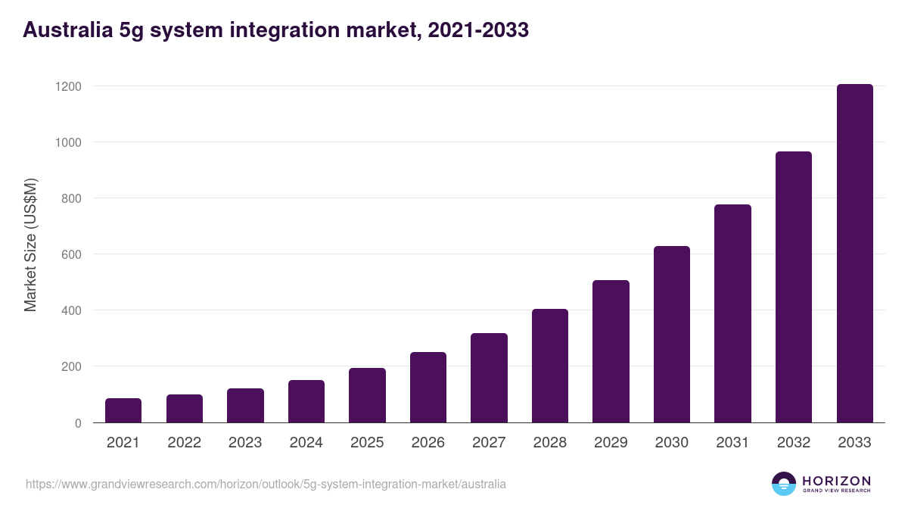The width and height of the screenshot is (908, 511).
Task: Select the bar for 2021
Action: tap(123, 410)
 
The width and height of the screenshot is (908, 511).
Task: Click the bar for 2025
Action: tap(367, 395)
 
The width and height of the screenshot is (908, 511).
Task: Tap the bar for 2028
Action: tap(550, 366)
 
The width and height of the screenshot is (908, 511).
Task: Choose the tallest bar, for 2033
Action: tap(854, 254)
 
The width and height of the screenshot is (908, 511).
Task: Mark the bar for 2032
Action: tap(794, 287)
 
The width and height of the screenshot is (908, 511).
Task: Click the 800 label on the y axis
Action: tap(71, 198)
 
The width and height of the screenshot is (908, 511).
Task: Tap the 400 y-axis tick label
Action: tap(71, 310)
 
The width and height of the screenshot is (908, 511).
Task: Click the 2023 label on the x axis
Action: tap(245, 443)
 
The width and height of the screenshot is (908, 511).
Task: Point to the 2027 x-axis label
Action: tap(489, 443)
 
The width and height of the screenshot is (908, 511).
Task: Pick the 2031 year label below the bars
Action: tap(732, 443)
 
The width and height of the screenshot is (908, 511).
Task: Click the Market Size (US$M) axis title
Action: tap(30, 245)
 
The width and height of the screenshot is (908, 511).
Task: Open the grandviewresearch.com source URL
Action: tap(266, 484)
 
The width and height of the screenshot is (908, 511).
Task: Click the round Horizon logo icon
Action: tap(784, 484)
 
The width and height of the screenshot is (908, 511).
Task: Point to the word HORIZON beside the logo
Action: tap(835, 481)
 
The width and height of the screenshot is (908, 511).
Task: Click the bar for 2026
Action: tap(428, 387)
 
